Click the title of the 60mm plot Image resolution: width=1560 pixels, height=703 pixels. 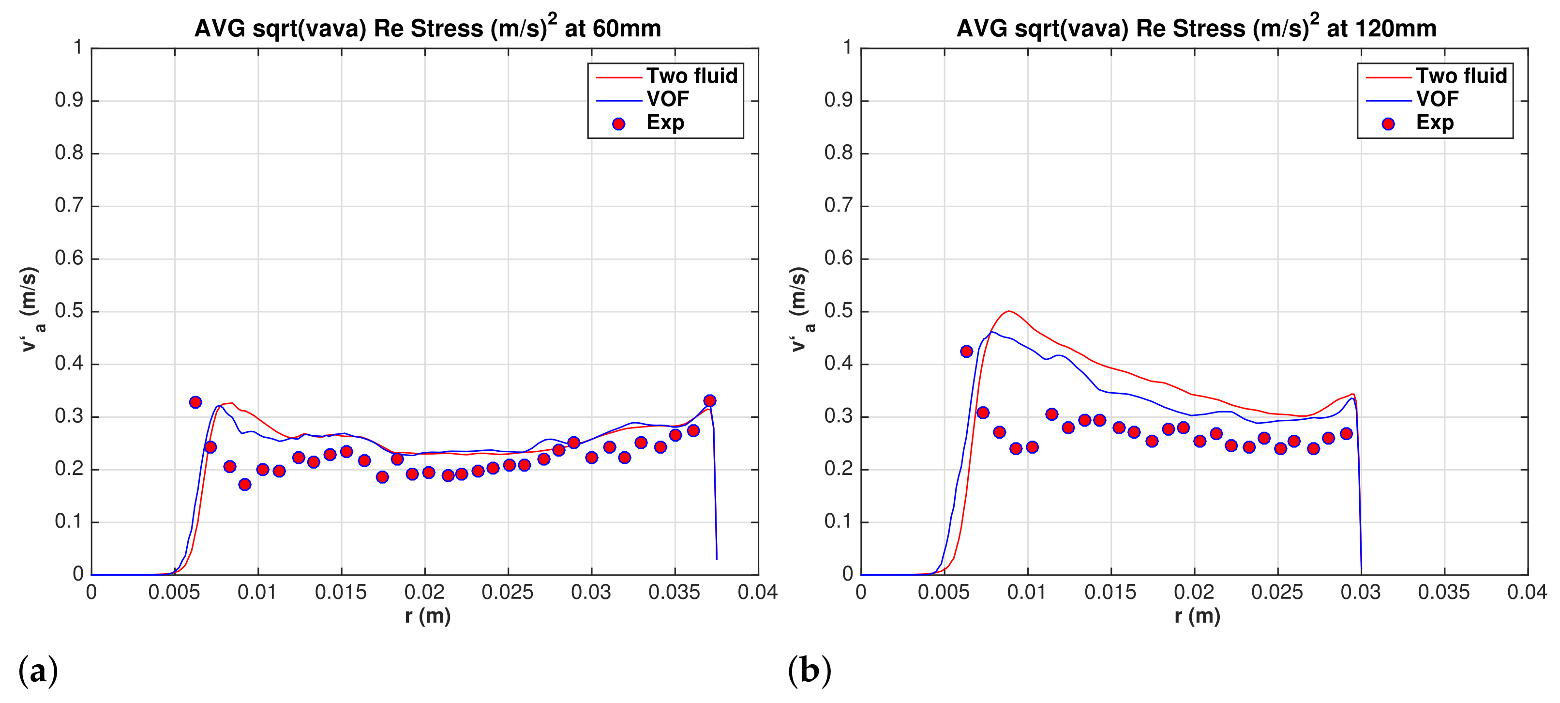[428, 29]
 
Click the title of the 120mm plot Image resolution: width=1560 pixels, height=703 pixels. [1196, 29]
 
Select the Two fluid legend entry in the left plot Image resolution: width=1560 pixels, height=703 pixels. [691, 76]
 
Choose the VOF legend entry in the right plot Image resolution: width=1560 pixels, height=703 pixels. [1437, 99]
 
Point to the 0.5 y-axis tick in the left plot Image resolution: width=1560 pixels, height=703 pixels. [69, 311]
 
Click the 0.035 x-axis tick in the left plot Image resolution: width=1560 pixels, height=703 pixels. [674, 592]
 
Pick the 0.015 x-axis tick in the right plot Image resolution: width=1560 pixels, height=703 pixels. [1110, 592]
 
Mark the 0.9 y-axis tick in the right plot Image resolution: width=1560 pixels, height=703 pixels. [839, 100]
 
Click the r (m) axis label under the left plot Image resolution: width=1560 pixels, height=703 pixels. [428, 616]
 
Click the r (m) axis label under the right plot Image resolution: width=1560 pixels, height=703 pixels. [1197, 616]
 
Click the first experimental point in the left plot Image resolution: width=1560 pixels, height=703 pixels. [195, 402]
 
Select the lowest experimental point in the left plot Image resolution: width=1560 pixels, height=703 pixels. [245, 484]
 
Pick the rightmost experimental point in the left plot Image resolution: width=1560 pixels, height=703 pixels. [710, 400]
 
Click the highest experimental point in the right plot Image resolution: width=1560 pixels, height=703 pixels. [966, 351]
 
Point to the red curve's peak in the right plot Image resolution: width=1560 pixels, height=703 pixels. [1008, 311]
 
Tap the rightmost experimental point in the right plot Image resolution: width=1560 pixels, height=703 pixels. [1346, 433]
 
